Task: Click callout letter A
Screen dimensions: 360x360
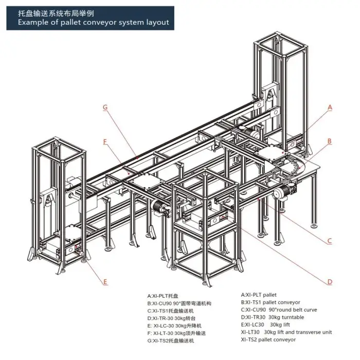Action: click(330, 107)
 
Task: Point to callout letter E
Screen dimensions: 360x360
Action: click(105, 282)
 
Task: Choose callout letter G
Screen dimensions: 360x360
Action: click(105, 107)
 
